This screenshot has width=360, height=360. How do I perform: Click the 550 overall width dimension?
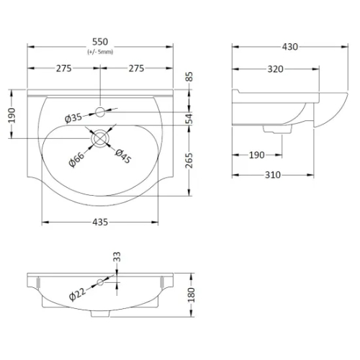(100, 42)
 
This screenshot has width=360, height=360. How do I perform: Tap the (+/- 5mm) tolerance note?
(100, 52)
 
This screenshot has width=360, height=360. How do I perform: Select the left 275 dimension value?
(64, 68)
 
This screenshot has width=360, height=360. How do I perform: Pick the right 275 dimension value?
(136, 68)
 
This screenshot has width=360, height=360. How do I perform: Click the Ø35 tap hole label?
(73, 118)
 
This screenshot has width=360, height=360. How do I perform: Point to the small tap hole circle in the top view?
(100, 112)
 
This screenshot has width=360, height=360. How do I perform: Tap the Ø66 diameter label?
(76, 159)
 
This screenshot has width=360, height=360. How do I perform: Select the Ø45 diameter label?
(123, 156)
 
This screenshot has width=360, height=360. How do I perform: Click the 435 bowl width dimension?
(100, 222)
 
